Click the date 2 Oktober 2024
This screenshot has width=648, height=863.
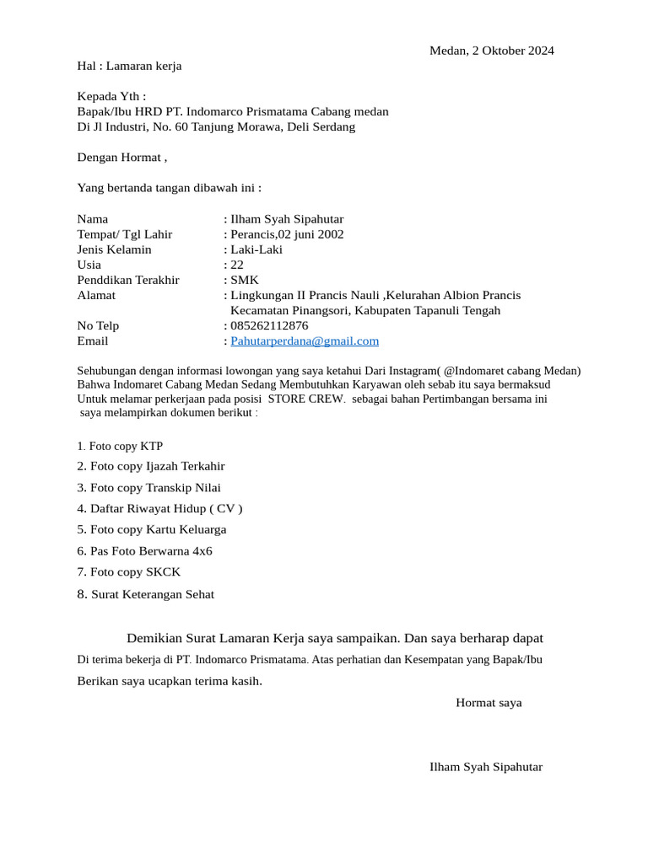point(508,51)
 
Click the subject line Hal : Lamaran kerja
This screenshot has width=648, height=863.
point(129,66)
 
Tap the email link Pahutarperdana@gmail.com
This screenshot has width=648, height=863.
point(305,341)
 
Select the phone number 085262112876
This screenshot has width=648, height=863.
point(269,326)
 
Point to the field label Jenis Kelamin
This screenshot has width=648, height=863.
point(114,249)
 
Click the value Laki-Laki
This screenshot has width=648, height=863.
point(256,249)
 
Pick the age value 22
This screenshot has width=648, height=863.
point(237,265)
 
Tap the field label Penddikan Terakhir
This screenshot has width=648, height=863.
point(128,280)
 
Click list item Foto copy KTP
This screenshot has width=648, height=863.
point(126,446)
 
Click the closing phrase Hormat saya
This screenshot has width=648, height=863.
point(489,703)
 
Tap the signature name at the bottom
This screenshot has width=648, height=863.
point(486,767)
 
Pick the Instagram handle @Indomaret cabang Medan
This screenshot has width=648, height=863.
point(511,371)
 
